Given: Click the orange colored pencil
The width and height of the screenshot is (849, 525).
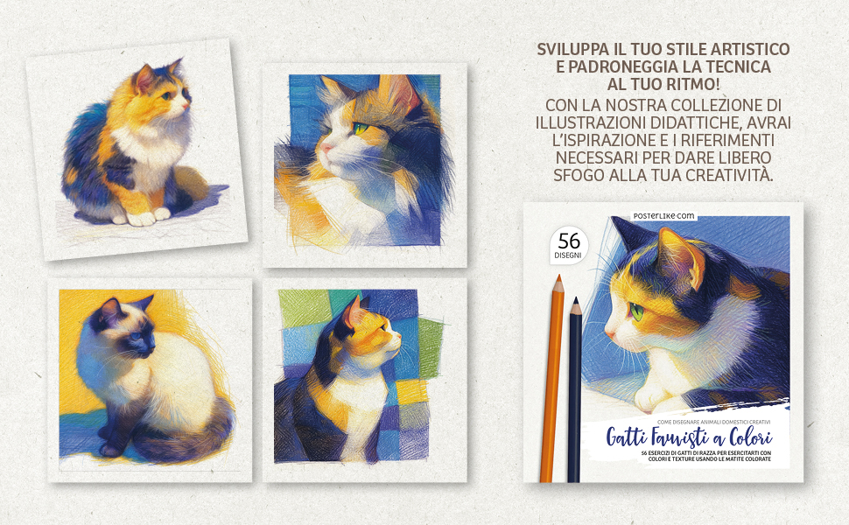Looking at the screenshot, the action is (553, 379).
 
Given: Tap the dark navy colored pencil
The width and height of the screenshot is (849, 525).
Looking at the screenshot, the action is (574, 389).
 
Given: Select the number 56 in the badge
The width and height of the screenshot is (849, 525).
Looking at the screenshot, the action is (569, 241).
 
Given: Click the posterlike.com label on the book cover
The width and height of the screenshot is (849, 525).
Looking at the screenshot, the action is (663, 216).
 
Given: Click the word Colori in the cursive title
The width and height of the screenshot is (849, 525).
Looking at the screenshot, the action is (750, 437).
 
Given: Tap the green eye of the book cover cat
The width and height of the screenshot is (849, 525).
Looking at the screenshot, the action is (637, 312).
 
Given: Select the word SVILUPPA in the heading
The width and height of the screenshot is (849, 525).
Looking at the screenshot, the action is (573, 49).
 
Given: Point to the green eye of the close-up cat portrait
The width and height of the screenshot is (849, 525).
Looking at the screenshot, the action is (360, 129).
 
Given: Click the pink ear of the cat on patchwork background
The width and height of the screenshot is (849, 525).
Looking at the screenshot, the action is (353, 313).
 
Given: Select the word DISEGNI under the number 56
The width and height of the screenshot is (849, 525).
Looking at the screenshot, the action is (568, 255).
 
